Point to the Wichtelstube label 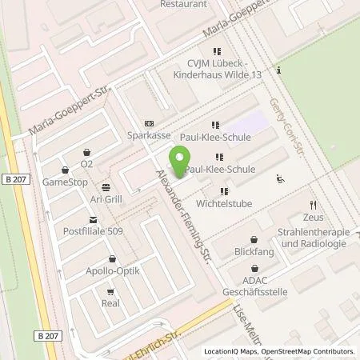[x=223, y=203]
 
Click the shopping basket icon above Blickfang [x=254, y=239]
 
